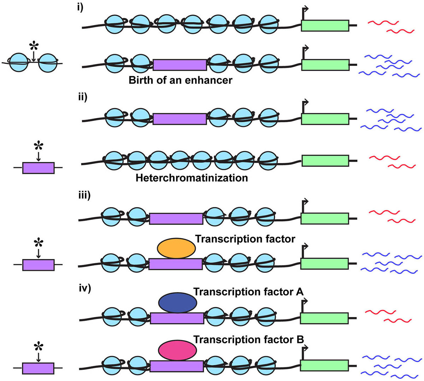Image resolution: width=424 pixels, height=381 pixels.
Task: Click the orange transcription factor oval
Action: [176, 248]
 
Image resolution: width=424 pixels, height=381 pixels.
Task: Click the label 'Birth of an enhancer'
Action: [180, 80]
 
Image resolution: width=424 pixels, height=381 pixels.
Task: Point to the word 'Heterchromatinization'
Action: [192, 178]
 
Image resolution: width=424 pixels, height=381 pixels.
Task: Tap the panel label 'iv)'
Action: [85, 288]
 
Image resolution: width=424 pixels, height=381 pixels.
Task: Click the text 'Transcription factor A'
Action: [248, 292]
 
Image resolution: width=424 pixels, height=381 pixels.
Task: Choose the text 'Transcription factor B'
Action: [248, 340]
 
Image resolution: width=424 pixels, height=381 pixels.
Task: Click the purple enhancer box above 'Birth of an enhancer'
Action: [180, 65]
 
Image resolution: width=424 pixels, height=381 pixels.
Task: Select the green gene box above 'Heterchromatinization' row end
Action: [325, 160]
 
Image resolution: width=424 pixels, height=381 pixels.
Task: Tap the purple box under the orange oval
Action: [176, 264]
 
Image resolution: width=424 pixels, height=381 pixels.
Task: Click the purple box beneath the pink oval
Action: [177, 366]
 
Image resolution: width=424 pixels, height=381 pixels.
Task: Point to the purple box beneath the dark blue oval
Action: [177, 318]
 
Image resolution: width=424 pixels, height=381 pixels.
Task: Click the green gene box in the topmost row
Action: [325, 25]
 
